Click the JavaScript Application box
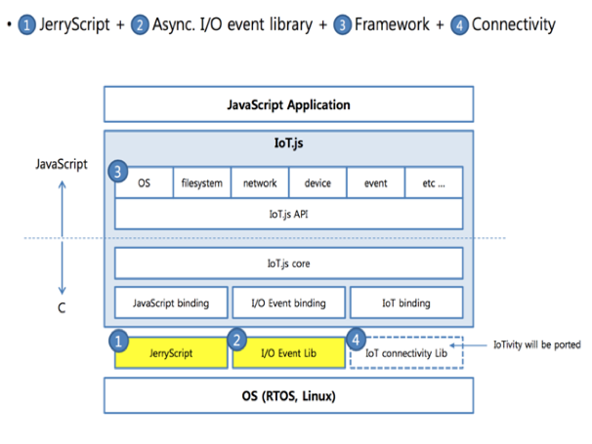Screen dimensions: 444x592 pyautogui.click(x=288, y=103)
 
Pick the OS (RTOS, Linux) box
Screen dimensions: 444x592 pyautogui.click(x=288, y=394)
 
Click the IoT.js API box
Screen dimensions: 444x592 pyautogui.click(x=288, y=214)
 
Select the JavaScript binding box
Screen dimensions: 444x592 pyautogui.click(x=171, y=303)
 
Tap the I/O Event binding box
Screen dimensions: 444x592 pyautogui.click(x=288, y=303)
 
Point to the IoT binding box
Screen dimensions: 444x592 pyautogui.click(x=405, y=303)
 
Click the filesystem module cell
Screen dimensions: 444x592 pyautogui.click(x=202, y=182)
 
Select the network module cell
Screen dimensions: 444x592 pyautogui.click(x=260, y=182)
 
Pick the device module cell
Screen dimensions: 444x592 pyautogui.click(x=317, y=182)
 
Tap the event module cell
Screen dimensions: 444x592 pyautogui.click(x=375, y=182)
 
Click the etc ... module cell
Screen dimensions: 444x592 pyautogui.click(x=433, y=182)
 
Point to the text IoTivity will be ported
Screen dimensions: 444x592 pyautogui.click(x=537, y=344)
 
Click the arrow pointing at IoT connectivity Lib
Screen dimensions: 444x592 pyautogui.click(x=480, y=344)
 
